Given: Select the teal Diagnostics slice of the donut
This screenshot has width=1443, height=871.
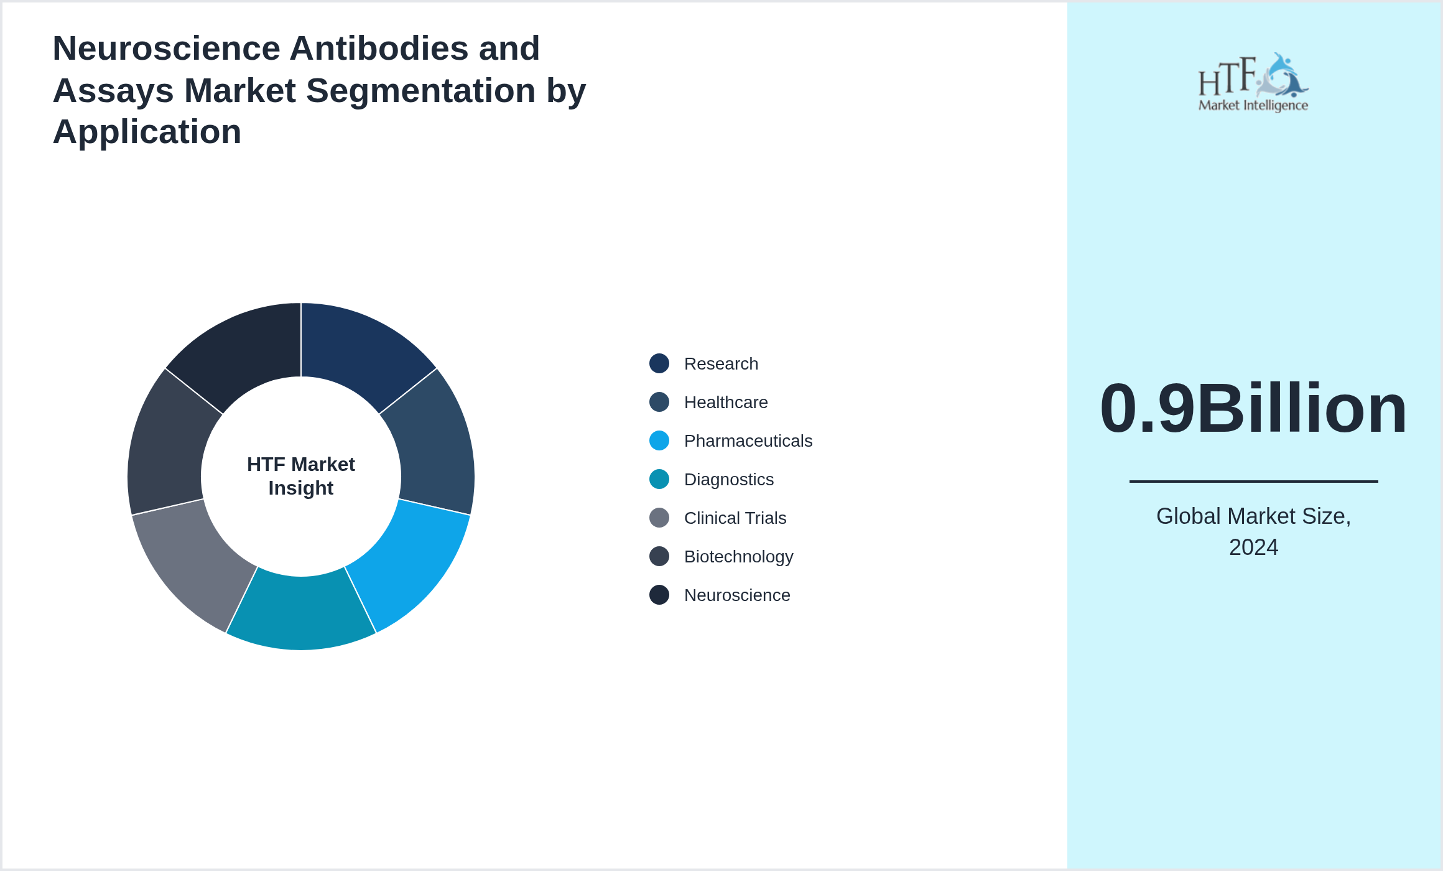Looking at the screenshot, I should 301,613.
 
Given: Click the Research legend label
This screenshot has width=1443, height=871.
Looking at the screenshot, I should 721,363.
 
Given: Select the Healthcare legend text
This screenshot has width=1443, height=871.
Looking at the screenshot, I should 726,402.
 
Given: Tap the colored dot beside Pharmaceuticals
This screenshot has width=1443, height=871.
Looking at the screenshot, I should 659,440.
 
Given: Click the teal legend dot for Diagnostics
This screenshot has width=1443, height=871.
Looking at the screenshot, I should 659,479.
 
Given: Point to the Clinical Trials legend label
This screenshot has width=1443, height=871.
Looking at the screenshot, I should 735,518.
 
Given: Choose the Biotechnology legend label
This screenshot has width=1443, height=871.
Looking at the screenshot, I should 738,556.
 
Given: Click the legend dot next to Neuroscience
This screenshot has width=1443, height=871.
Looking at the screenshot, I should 659,595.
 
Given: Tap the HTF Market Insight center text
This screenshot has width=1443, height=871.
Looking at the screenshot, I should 301,476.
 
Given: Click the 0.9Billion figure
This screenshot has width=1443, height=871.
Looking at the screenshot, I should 1253,408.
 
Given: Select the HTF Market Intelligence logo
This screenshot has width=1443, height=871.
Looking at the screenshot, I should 1253,82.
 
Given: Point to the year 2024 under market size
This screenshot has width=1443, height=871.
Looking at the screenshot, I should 1253,547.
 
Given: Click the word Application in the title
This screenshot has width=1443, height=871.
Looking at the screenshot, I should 147,132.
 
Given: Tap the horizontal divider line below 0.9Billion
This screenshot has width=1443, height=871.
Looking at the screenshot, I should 1253,481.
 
